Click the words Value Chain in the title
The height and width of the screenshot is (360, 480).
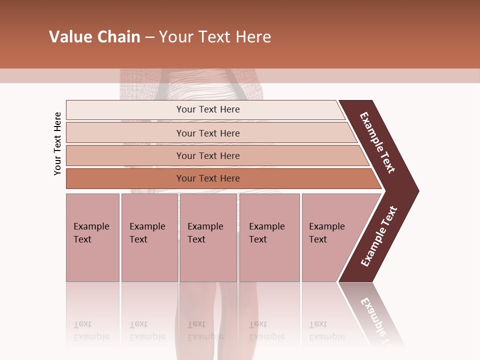(x=94, y=37)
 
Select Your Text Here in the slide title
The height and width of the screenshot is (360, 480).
(x=215, y=37)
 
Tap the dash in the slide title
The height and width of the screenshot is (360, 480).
(x=149, y=37)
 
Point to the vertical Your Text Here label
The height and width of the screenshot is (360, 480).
(x=58, y=143)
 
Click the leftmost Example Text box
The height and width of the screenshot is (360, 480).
(x=92, y=237)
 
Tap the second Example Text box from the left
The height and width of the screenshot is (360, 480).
(x=149, y=237)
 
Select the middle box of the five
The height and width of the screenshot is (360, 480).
(x=208, y=237)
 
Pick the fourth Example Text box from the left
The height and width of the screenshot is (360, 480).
(x=269, y=237)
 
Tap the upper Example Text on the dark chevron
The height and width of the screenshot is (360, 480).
(x=377, y=143)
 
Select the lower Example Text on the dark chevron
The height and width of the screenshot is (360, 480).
(x=378, y=236)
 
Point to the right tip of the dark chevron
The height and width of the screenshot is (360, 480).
(x=417, y=190)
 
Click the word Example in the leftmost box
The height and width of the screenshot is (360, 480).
(x=91, y=226)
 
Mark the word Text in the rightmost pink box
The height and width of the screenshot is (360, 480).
(x=318, y=239)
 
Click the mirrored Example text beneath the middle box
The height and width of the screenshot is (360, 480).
(x=205, y=336)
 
